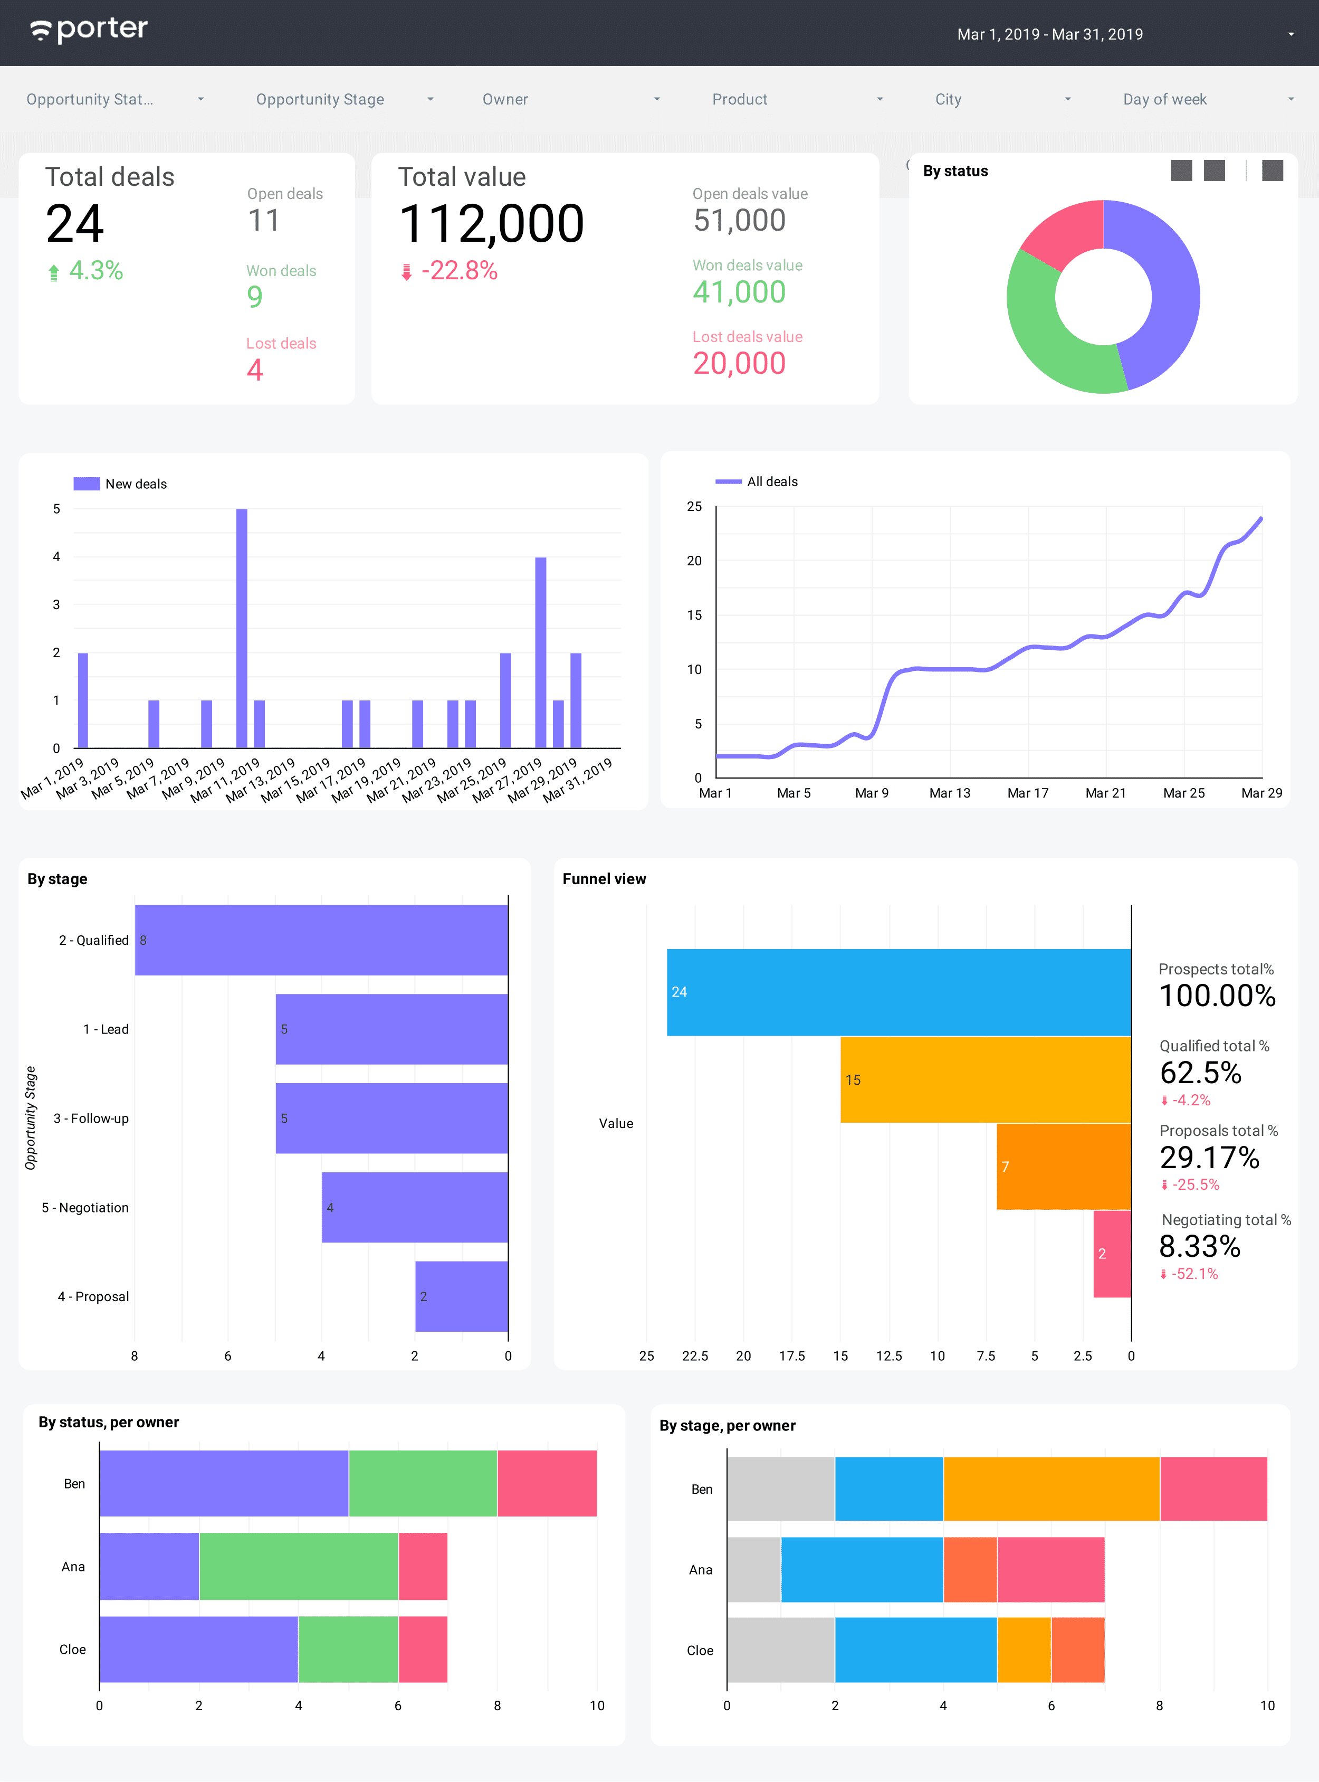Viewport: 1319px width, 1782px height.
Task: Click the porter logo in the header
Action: pyautogui.click(x=89, y=31)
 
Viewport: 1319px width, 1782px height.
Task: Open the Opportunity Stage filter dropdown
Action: pyautogui.click(x=344, y=99)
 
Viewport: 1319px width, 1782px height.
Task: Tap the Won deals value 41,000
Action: pyautogui.click(x=739, y=292)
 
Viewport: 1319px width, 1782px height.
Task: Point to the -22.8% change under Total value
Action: pyautogui.click(x=458, y=271)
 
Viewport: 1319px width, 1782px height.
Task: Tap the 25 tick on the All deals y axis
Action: pyautogui.click(x=694, y=506)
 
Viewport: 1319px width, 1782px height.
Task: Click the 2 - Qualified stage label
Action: pyautogui.click(x=93, y=940)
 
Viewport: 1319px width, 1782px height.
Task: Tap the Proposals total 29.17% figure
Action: pyautogui.click(x=1209, y=1158)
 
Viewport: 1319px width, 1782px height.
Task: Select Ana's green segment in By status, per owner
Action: pyautogui.click(x=299, y=1566)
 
